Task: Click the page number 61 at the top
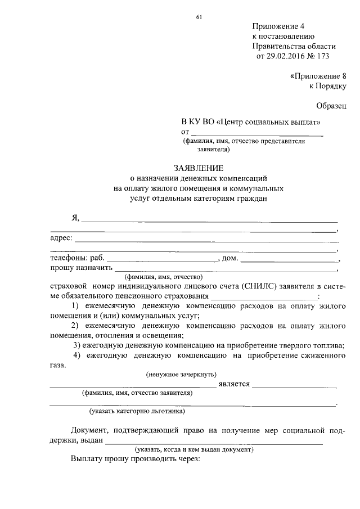[199, 16]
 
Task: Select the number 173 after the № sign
[322, 56]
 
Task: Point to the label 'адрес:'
[61, 238]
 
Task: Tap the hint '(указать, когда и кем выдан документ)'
[193, 450]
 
